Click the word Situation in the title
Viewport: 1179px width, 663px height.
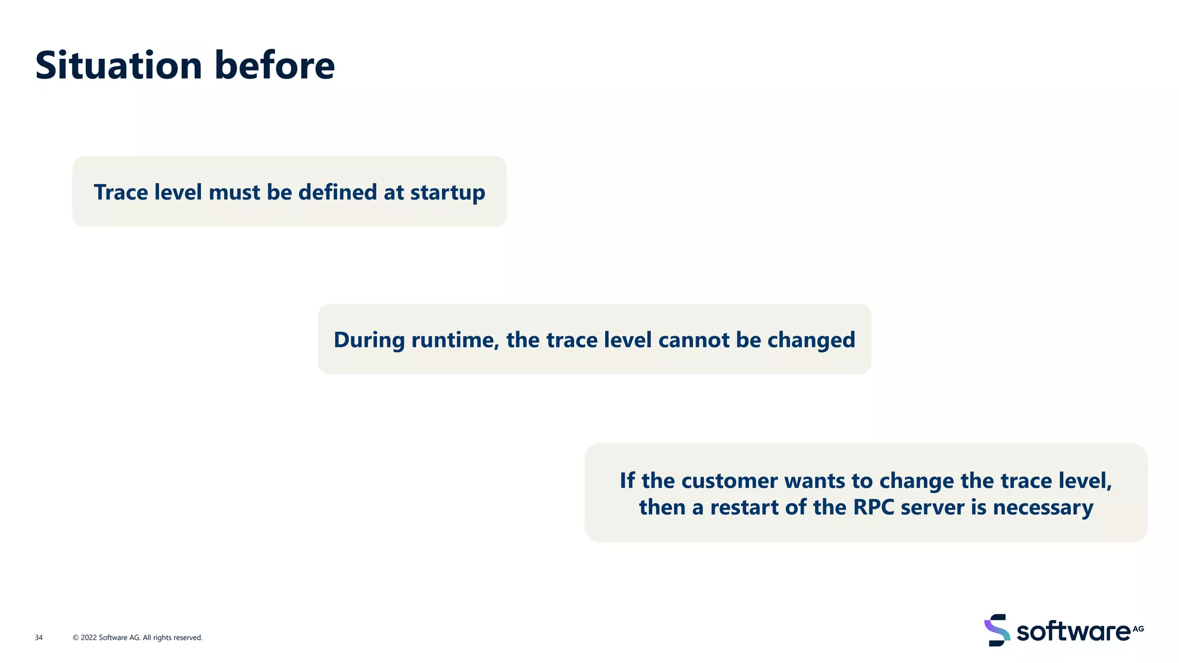click(x=119, y=65)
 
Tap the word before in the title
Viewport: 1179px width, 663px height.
click(x=275, y=65)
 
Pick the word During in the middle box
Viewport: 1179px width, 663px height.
click(x=369, y=340)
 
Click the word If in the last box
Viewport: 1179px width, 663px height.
click(x=627, y=481)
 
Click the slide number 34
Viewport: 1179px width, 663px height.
click(x=39, y=638)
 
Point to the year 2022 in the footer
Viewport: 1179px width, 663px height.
click(x=89, y=638)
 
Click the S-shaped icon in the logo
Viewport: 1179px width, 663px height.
click(x=997, y=630)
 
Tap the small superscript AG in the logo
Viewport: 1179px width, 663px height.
click(x=1138, y=628)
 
